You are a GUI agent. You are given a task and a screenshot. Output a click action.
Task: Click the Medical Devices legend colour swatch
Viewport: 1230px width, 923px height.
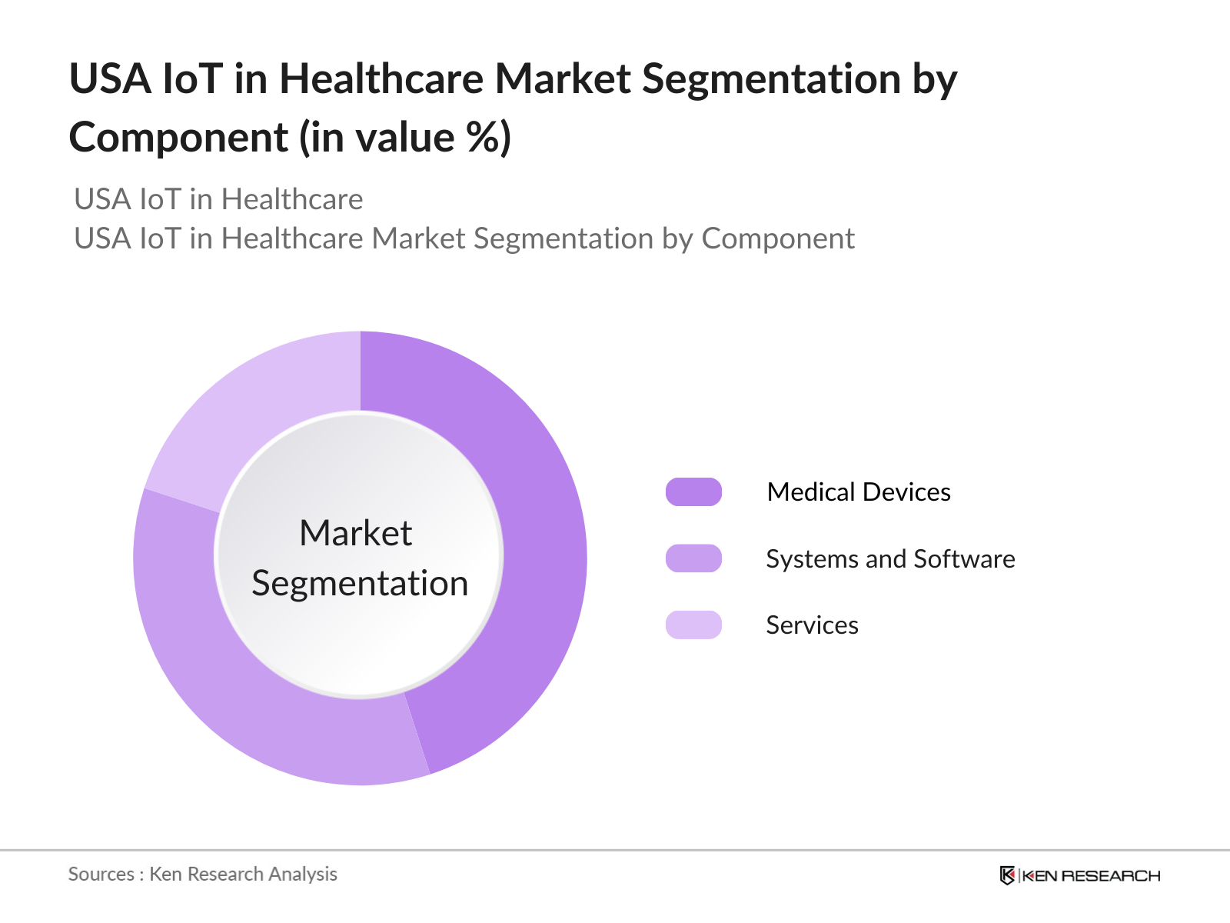693,492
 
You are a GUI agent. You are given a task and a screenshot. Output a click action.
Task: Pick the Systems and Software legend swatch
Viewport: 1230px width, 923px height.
693,558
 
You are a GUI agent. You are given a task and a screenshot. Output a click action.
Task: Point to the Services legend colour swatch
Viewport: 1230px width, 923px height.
693,625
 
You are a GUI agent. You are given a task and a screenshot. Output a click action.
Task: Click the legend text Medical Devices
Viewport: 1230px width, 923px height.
859,492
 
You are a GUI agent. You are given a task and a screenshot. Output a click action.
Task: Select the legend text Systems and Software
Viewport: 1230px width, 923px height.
890,559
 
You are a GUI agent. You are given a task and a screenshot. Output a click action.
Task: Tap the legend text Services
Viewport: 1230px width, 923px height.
812,625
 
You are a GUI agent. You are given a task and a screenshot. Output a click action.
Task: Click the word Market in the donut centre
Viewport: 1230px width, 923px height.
356,533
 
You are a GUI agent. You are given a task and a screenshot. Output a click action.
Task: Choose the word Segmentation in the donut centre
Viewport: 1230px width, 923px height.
360,583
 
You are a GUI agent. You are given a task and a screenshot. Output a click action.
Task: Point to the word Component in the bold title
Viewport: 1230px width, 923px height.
178,138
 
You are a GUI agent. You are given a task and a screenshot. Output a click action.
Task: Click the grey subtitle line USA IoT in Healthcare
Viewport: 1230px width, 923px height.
218,199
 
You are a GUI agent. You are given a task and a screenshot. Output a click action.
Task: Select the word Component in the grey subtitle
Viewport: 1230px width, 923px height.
777,239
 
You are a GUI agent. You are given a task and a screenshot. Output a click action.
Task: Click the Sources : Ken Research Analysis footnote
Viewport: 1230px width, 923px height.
203,874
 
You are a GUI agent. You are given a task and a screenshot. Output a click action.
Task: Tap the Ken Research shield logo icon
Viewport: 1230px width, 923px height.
1007,875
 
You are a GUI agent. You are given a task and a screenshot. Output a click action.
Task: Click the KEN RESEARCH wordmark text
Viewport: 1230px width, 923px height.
1091,876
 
